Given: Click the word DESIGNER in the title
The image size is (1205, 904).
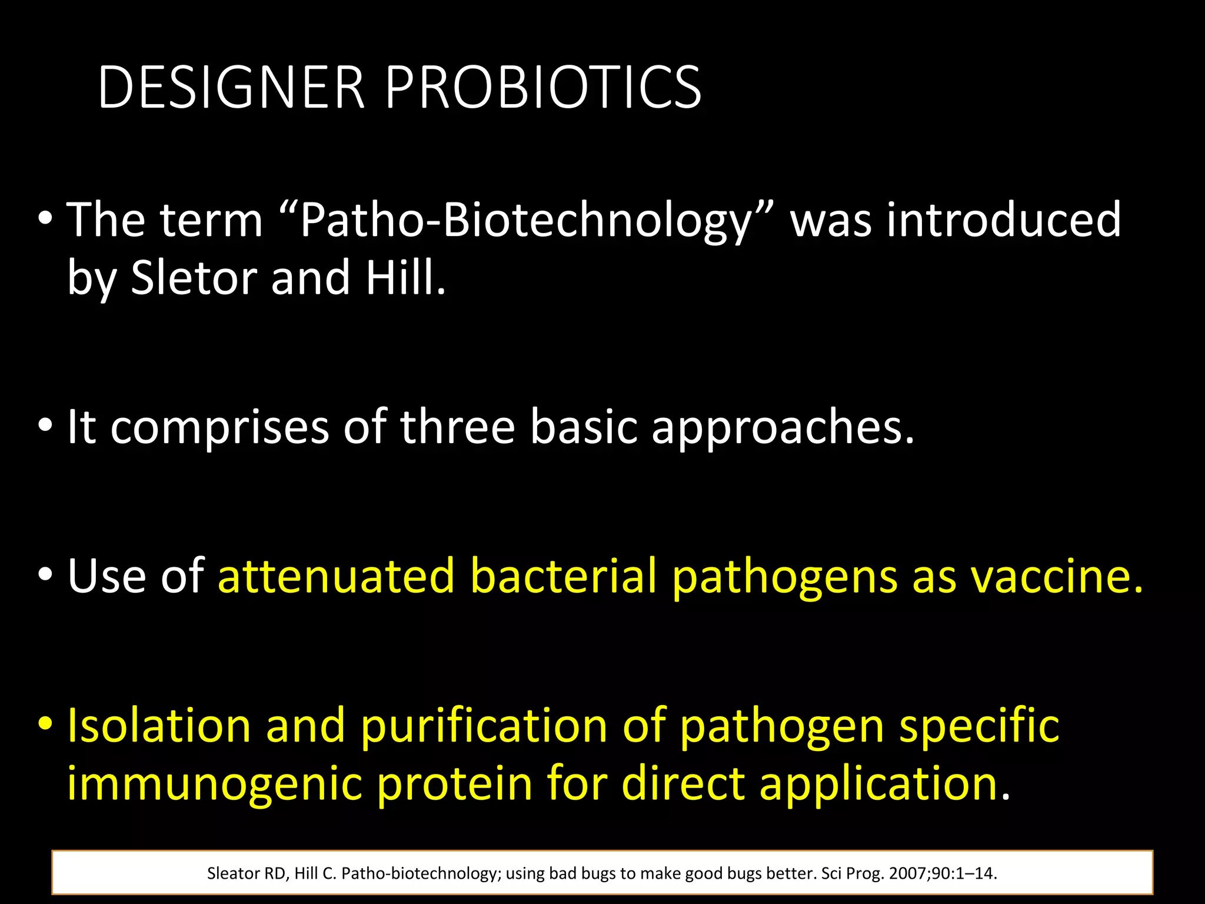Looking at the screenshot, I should [231, 88].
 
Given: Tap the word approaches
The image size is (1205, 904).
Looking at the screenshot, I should [783, 427].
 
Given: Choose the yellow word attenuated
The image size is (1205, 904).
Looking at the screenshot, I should [336, 576].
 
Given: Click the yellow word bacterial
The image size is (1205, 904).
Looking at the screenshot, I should [563, 576].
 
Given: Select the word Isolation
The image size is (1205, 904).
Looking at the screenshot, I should [159, 725].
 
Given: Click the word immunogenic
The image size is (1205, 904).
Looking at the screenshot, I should [214, 784].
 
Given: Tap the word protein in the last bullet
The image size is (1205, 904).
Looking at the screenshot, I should [454, 784].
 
